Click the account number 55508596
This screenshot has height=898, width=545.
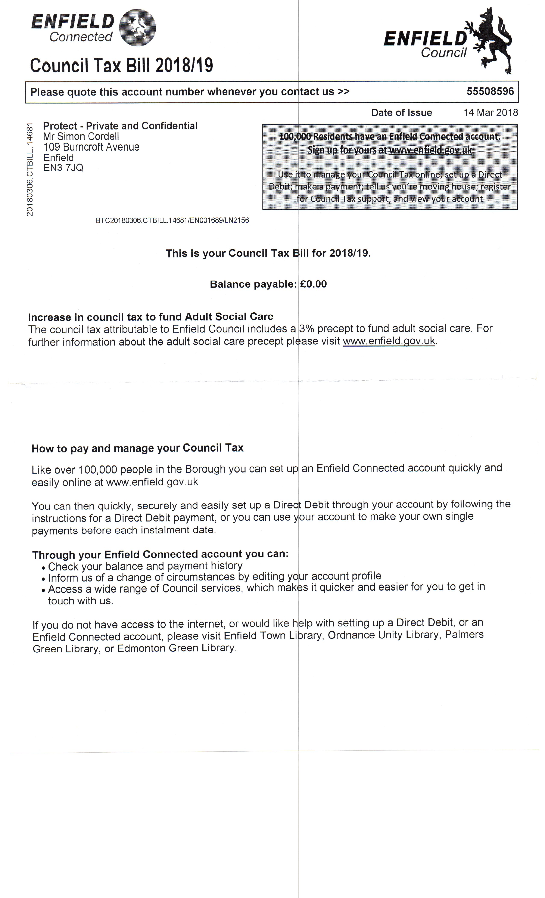(x=490, y=91)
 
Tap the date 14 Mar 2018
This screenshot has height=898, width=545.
(x=490, y=112)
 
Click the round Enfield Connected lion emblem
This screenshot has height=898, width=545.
(x=138, y=28)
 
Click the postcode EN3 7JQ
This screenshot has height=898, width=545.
(x=63, y=168)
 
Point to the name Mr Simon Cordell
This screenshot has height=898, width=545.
(x=81, y=136)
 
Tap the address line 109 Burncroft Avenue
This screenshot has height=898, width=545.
(x=91, y=147)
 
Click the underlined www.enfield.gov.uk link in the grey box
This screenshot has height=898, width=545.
(x=430, y=150)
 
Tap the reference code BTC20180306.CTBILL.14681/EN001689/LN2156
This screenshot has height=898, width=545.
(x=172, y=220)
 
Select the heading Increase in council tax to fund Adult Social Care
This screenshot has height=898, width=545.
(x=150, y=316)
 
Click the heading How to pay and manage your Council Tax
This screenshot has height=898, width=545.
(x=137, y=448)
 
